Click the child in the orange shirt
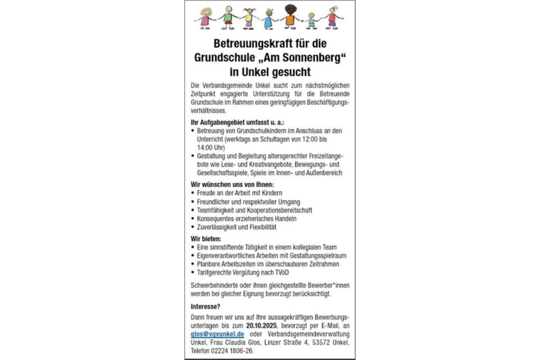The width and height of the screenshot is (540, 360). coord(290,17)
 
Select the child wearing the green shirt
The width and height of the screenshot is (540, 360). coord(228,17)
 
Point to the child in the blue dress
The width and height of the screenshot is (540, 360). coord(268,19)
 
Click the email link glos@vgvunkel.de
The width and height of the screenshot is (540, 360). coord(217,334)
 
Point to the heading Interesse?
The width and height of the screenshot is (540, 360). coord(206,306)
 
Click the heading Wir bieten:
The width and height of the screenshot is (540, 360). coord(206,239)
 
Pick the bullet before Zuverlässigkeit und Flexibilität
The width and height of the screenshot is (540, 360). coord(193,227)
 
